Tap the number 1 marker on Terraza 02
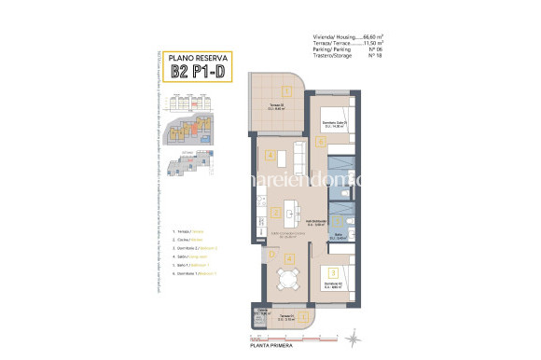click(289, 90)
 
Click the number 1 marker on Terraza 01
click(289, 316)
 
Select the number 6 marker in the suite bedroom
click(320, 142)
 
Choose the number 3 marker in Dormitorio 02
click(333, 271)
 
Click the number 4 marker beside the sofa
click(270, 154)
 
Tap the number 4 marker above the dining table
click(288, 257)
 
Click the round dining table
click(288, 276)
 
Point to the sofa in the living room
click(298, 153)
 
